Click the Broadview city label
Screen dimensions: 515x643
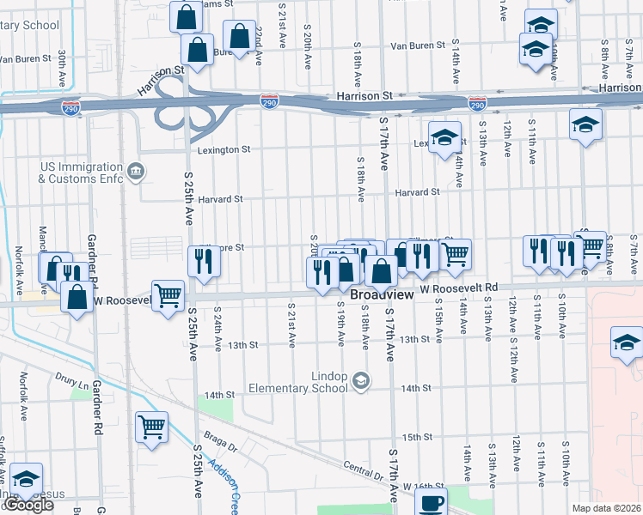pos(381,294)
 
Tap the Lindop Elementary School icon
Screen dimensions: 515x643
pos(362,379)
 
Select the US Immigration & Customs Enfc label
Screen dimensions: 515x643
pos(81,173)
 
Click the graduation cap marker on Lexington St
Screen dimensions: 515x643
pos(444,138)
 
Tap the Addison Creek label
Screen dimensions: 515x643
pos(230,488)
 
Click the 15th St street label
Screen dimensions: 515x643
pos(416,437)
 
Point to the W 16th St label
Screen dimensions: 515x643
pos(421,486)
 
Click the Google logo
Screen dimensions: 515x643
pos(28,505)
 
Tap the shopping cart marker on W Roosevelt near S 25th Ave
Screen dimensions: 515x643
pos(168,295)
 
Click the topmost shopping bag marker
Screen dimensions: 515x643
pos(186,16)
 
